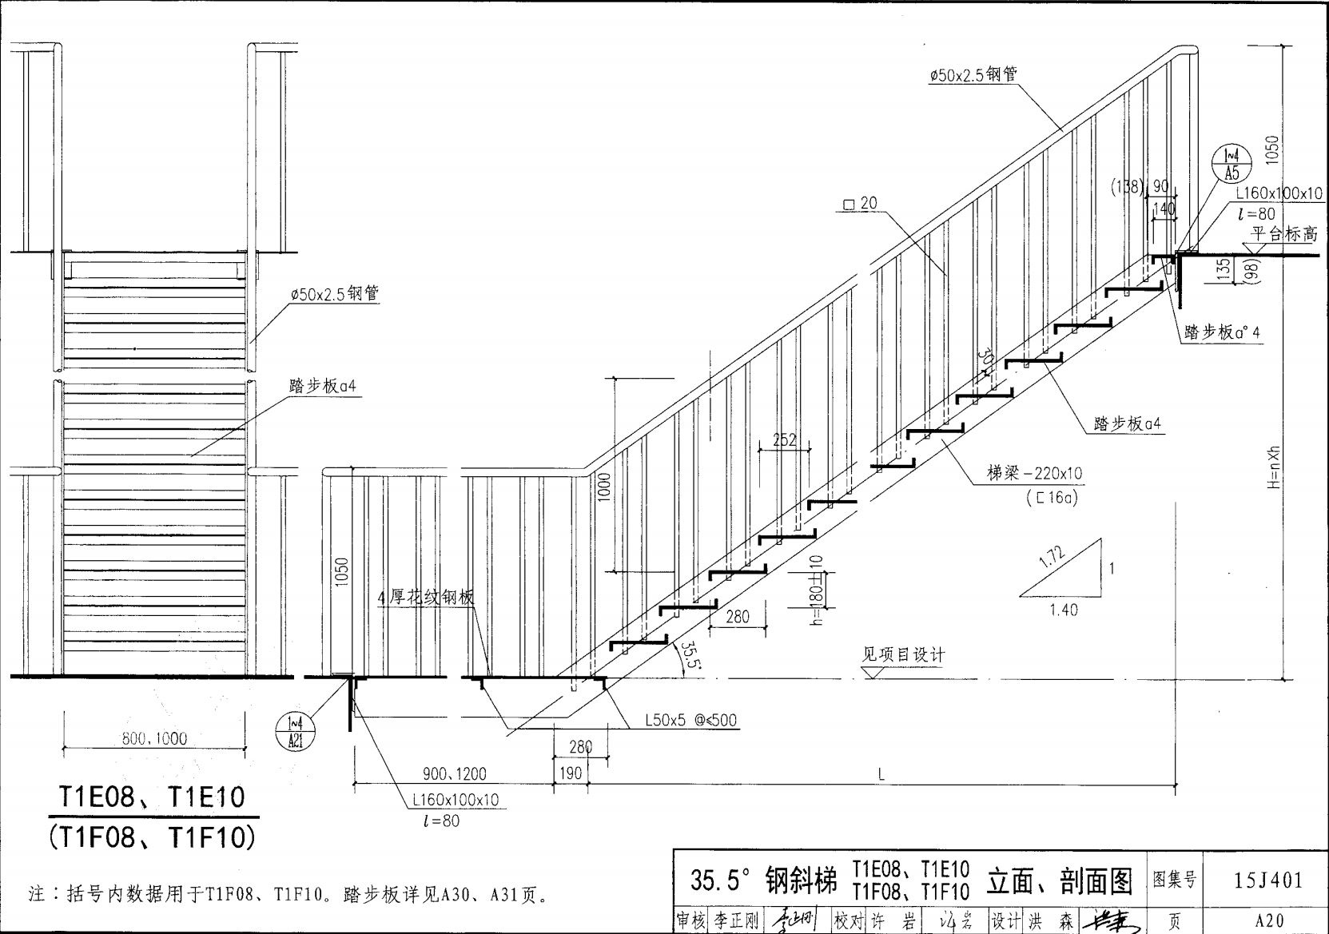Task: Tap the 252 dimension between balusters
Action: click(785, 439)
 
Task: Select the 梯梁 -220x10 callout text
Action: click(1035, 473)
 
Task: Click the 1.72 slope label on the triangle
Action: click(1053, 556)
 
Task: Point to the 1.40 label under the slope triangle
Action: click(1063, 610)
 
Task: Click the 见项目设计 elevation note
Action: click(902, 655)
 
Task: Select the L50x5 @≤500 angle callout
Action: click(691, 720)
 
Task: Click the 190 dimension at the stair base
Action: click(571, 773)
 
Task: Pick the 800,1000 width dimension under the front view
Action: click(155, 738)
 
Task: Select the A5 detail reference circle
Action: click(1232, 165)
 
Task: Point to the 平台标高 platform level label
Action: click(1283, 234)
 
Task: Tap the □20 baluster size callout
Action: click(860, 204)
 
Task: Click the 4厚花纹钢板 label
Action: click(427, 598)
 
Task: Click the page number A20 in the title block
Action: click(1268, 920)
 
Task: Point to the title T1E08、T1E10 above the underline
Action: click(152, 797)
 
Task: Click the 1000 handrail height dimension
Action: click(604, 487)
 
